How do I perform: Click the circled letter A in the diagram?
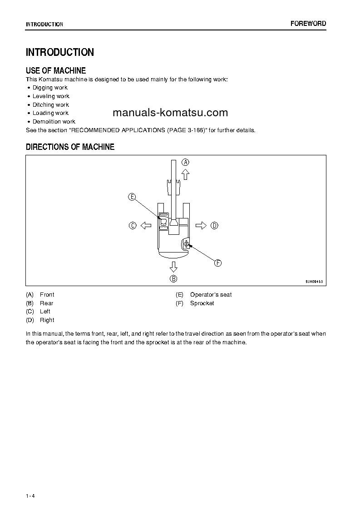(x=186, y=162)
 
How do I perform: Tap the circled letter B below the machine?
(x=173, y=278)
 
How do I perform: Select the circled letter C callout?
(x=133, y=225)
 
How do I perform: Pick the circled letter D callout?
(x=215, y=225)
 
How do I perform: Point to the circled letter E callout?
(x=132, y=197)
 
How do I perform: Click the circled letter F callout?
(x=217, y=263)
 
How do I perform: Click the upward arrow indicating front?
(x=185, y=174)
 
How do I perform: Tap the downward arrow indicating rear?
(x=173, y=266)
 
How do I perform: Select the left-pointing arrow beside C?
(x=146, y=225)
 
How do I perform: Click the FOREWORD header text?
(x=308, y=24)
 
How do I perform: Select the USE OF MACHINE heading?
(x=56, y=70)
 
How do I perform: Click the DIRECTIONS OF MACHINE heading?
(x=70, y=147)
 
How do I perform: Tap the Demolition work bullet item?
(x=54, y=122)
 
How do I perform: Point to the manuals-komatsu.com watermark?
(x=170, y=113)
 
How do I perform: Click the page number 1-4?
(x=30, y=496)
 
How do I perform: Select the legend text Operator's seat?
(x=211, y=295)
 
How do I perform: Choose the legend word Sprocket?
(x=202, y=303)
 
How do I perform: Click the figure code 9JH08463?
(x=314, y=282)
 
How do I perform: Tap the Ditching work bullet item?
(x=51, y=105)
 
